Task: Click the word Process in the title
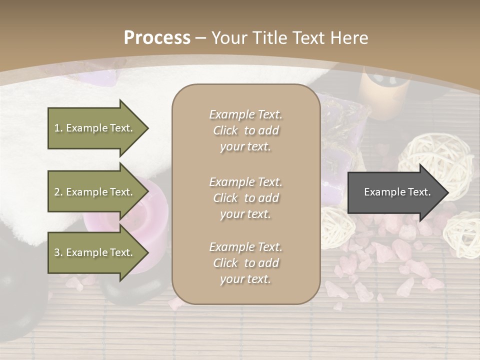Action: pos(157,38)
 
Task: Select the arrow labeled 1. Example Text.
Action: pos(95,128)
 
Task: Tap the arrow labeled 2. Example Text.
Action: pos(95,192)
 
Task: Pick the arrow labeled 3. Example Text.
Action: pos(95,252)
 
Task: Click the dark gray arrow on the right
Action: pos(395,192)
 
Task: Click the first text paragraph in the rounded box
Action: pos(245,130)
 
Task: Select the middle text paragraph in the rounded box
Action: pos(245,198)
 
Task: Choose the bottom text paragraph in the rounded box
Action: pos(245,263)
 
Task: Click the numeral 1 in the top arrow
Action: pos(56,128)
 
